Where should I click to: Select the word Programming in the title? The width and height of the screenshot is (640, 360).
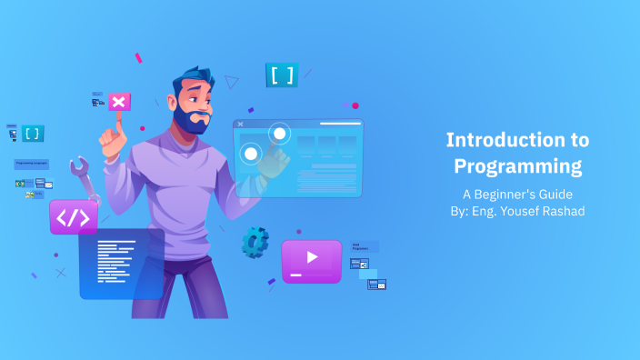coord(517,167)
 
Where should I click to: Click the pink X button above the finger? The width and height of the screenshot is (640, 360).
coord(119,102)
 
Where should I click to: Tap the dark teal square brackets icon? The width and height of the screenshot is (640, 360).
coord(282,75)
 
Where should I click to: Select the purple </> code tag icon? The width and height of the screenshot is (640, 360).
coord(73,217)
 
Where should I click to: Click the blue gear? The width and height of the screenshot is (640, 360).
coord(255,242)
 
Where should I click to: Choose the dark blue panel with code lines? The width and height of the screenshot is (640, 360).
coord(121,264)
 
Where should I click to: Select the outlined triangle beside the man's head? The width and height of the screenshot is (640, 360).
coord(231,83)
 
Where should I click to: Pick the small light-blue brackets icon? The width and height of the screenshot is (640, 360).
coord(33,133)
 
